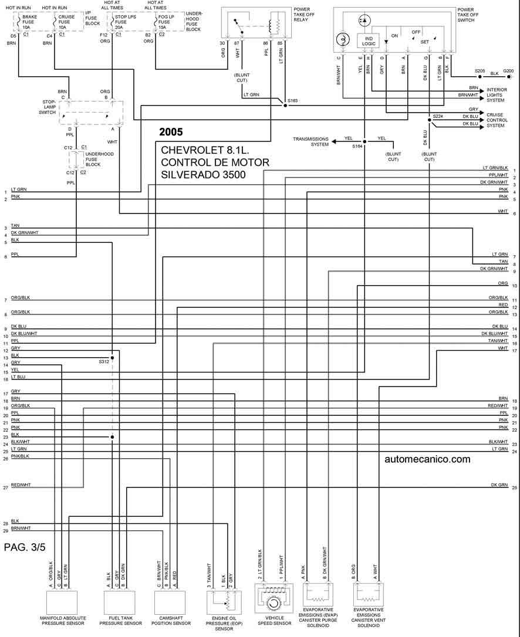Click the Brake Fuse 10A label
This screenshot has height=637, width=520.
point(29,22)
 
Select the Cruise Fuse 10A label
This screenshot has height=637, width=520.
point(66,22)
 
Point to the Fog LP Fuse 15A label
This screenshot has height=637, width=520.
point(166,22)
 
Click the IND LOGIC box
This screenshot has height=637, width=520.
point(369,40)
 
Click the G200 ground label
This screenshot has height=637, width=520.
point(508,71)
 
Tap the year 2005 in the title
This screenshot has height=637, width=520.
point(171,131)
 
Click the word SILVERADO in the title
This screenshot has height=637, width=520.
point(190,174)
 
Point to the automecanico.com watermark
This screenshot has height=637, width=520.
point(427,459)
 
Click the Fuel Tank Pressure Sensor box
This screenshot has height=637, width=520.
point(122,601)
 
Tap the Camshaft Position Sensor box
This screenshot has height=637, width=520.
point(171,601)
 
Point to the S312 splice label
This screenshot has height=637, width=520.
point(104,361)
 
